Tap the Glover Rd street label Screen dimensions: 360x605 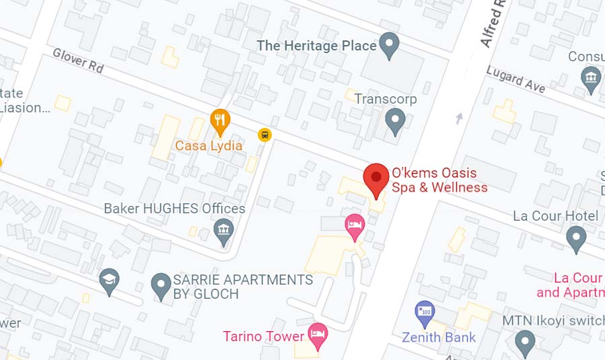(x=78, y=60)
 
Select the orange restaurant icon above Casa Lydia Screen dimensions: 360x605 (x=220, y=122)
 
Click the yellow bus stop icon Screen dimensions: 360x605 (x=265, y=135)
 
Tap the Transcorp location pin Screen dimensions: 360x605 (x=395, y=121)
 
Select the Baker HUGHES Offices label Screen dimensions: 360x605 (x=174, y=209)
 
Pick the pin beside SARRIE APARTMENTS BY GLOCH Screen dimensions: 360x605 (x=160, y=285)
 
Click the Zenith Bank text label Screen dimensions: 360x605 (x=439, y=338)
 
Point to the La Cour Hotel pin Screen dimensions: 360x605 (x=575, y=238)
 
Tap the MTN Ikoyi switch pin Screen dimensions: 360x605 (x=525, y=343)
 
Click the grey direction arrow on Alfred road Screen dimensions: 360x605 (x=459, y=118)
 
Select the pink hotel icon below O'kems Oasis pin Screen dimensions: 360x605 (x=354, y=225)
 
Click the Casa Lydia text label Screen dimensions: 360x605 (x=209, y=145)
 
